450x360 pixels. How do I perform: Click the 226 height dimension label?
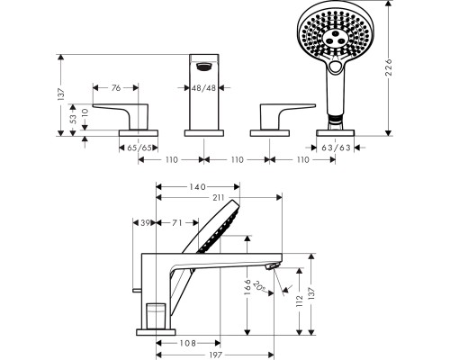pyautogui.click(x=389, y=67)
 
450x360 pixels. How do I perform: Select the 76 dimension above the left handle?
pyautogui.click(x=116, y=87)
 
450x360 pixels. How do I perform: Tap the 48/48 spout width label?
pyautogui.click(x=204, y=88)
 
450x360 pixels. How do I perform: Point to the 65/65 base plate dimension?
pyautogui.click(x=139, y=148)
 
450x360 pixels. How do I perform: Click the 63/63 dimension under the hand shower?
pyautogui.click(x=336, y=148)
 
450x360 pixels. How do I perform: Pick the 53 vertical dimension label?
pyautogui.click(x=73, y=119)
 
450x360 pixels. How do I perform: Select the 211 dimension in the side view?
pyautogui.click(x=219, y=197)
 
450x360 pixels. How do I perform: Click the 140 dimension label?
pyautogui.click(x=197, y=187)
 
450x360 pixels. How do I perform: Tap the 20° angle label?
pyautogui.click(x=260, y=286)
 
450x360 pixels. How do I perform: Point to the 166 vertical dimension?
pyautogui.click(x=247, y=287)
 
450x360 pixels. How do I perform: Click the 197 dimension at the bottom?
pyautogui.click(x=215, y=355)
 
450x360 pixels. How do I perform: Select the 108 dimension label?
pyautogui.click(x=187, y=343)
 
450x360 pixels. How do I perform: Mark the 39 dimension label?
pyautogui.click(x=145, y=223)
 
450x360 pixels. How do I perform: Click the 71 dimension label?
pyautogui.click(x=177, y=223)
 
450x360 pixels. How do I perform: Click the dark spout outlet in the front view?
pyautogui.click(x=204, y=67)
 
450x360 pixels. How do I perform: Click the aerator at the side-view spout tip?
pyautogui.click(x=273, y=266)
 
